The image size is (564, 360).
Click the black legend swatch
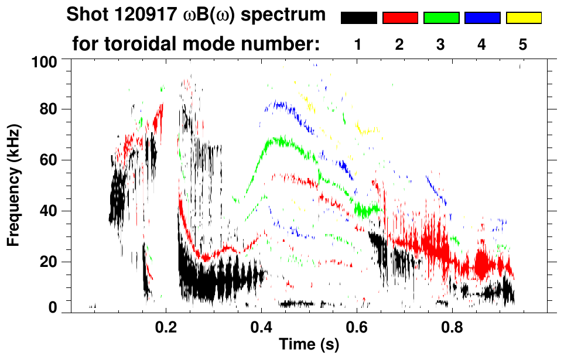[358, 18]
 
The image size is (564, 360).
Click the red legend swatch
[400, 18]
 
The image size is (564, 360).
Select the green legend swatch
[441, 18]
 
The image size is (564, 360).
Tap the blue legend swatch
[482, 18]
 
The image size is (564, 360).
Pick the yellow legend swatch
[524, 18]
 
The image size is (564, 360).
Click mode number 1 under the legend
[358, 45]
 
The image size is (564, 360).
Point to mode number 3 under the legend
[441, 45]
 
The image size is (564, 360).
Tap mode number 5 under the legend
[523, 45]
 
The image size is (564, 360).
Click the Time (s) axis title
[308, 345]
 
